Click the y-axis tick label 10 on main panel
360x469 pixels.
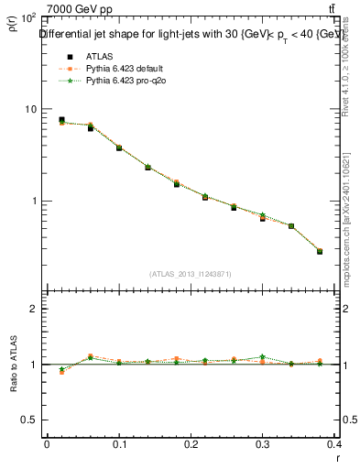[x=29, y=109]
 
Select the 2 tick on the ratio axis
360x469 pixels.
[x=34, y=309]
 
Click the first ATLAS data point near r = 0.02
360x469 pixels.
[x=61, y=120]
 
